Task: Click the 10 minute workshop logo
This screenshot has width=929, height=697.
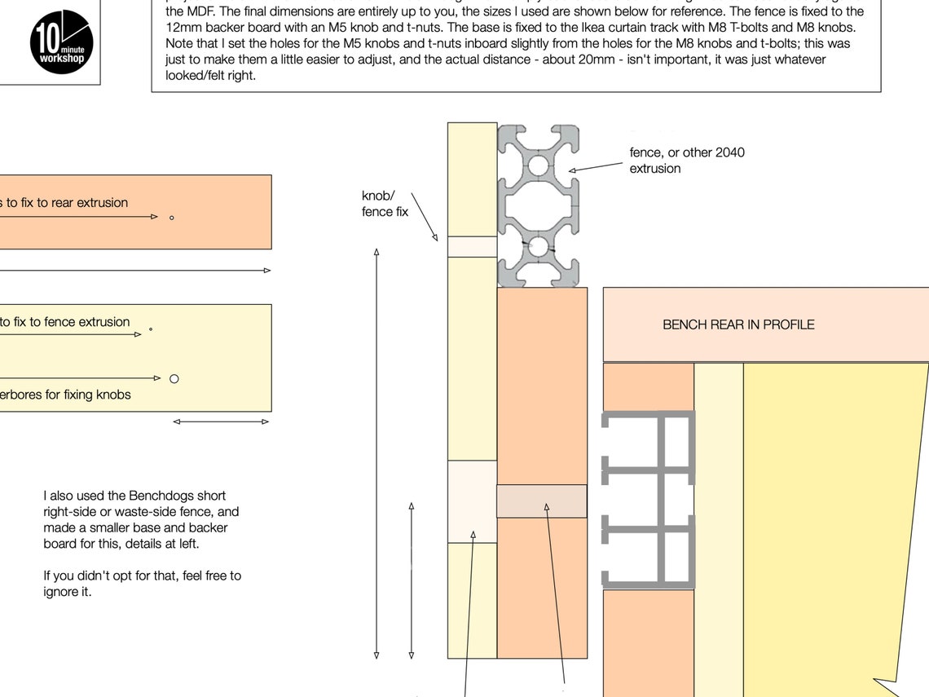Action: coord(62,42)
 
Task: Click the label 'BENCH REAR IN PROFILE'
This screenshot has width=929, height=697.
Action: coord(738,324)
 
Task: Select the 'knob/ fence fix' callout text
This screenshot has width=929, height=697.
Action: coord(385,204)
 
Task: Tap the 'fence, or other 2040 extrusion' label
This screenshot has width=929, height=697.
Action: coord(686,161)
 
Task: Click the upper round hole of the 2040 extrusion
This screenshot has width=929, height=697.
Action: coord(538,166)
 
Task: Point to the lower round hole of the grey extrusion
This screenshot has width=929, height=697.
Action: coord(538,245)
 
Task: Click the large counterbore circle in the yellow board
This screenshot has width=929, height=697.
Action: coord(174,378)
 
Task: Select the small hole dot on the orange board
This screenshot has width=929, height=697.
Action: coord(171,218)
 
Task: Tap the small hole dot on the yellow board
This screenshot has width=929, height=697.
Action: coord(151,330)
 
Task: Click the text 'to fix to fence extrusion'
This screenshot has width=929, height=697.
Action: coord(65,322)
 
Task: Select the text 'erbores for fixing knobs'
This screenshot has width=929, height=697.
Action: coord(65,395)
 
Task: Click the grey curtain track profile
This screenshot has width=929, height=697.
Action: coord(648,500)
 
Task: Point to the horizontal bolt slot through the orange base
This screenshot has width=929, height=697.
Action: coord(542,501)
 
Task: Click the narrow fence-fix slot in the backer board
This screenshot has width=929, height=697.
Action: coord(472,246)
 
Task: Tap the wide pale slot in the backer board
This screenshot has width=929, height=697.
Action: coord(472,501)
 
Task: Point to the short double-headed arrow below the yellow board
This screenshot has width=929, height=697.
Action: coord(221,421)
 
